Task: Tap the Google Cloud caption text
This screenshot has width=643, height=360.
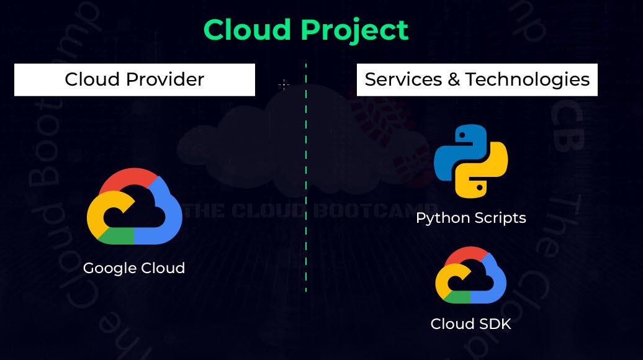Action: (x=134, y=268)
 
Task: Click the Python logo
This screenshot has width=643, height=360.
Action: (x=470, y=161)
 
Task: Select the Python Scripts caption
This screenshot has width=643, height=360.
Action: (x=470, y=218)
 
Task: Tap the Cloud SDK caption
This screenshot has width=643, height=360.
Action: (x=470, y=324)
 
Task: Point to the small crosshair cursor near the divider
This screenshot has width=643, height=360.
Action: (x=284, y=85)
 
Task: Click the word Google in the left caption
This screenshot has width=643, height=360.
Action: (x=109, y=268)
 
